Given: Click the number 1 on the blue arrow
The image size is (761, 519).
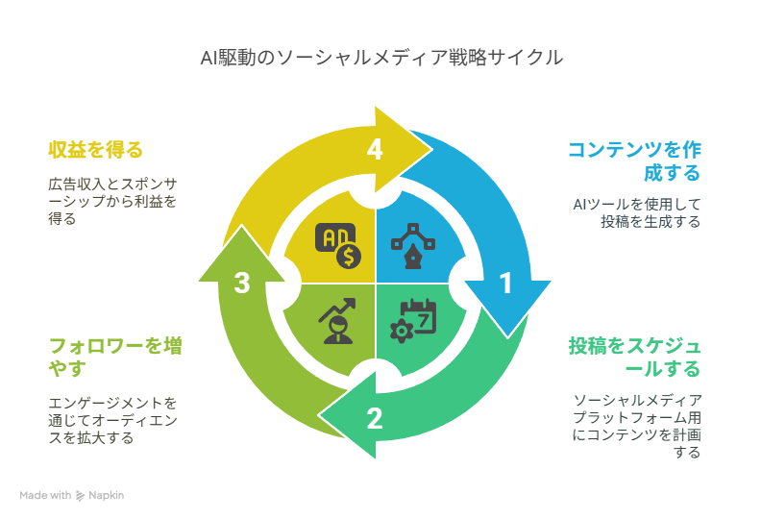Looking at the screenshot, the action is [505, 283].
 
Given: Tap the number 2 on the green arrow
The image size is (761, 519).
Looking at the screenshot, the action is [374, 418].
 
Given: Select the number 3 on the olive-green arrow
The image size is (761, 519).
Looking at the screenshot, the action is [242, 283].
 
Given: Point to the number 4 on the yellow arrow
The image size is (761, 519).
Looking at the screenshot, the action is [374, 149].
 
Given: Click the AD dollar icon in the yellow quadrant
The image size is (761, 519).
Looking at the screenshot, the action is [338, 246].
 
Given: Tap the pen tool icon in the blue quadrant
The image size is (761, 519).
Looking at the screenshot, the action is [412, 246].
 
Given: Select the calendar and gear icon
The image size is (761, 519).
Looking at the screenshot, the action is [413, 321].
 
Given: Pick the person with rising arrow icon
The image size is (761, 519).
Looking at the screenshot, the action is [337, 321].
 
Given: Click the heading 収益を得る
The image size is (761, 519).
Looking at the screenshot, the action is [96, 150].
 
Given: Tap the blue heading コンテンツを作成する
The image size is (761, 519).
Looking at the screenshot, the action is [634, 161].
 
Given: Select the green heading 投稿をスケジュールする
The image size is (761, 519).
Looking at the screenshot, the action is [635, 358].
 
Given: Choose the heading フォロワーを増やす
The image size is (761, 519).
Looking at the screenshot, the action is [115, 358].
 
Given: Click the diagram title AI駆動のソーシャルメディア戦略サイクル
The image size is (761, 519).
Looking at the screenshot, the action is [381, 58].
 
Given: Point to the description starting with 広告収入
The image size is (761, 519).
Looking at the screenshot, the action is [112, 202].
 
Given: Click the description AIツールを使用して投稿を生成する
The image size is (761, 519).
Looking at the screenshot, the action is [637, 213].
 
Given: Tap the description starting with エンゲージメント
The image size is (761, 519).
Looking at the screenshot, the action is [112, 420].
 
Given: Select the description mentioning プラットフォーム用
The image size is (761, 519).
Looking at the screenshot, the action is [637, 427].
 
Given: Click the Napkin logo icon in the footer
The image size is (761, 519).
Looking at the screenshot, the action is [80, 496].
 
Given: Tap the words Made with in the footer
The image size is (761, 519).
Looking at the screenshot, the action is [45, 495].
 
